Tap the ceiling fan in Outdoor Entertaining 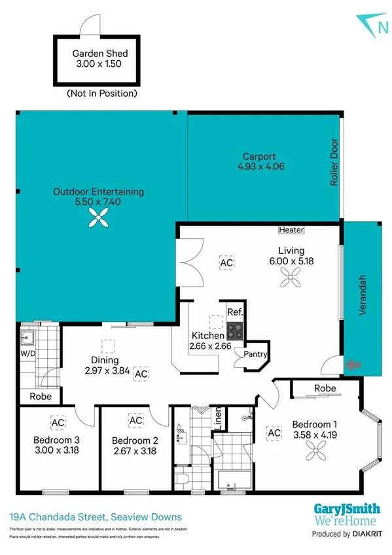[x=98, y=222]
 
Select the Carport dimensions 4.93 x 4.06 [x=259, y=166]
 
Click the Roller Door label [x=334, y=162]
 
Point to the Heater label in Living [x=291, y=230]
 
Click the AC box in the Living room [x=226, y=262]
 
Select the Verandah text [x=362, y=295]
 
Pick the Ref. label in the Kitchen [x=235, y=312]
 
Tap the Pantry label [x=255, y=354]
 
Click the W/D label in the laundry [x=29, y=353]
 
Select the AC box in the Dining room [x=141, y=373]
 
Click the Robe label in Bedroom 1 [x=325, y=388]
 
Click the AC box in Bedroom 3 [x=58, y=422]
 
